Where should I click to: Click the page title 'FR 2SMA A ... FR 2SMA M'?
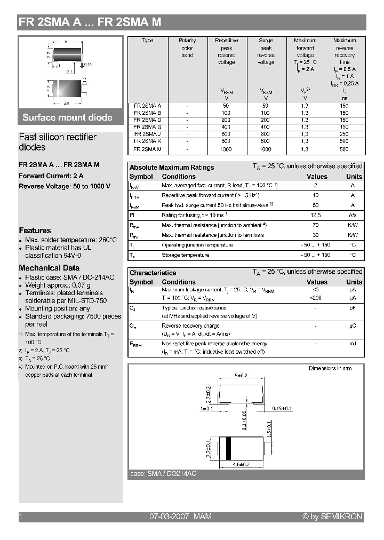[x=90, y=22]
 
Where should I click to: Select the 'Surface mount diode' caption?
[x=67, y=117]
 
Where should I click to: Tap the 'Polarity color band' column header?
[x=187, y=47]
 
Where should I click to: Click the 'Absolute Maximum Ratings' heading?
[x=172, y=168]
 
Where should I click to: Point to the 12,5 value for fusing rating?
[x=316, y=215]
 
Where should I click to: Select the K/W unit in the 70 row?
[x=353, y=225]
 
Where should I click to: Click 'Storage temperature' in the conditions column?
[x=185, y=255]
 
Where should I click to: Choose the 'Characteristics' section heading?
[x=153, y=273]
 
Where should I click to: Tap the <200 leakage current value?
[x=316, y=298]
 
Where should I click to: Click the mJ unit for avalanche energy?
[x=353, y=344]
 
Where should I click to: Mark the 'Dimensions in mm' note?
[x=330, y=368]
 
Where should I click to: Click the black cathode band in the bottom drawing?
[x=228, y=447]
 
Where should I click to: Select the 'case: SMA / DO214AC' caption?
[x=163, y=474]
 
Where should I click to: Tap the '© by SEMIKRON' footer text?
[x=332, y=517]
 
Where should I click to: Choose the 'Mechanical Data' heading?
[x=49, y=268]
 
